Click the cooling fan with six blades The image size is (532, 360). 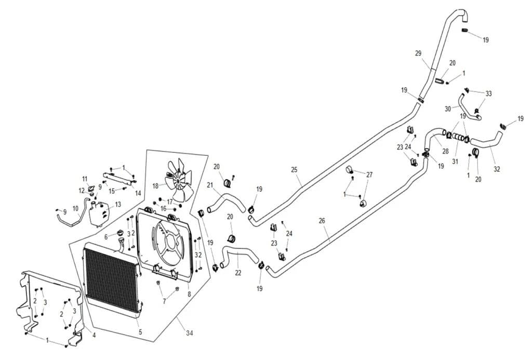pyautogui.click(x=179, y=180)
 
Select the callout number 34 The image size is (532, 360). pyautogui.click(x=189, y=333)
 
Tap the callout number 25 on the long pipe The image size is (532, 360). pyautogui.click(x=294, y=170)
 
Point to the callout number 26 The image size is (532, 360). pyautogui.click(x=322, y=221)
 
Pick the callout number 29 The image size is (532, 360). pyautogui.click(x=418, y=54)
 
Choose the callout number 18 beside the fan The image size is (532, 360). pyautogui.click(x=156, y=186)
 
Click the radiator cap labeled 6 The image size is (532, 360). pyautogui.click(x=120, y=233)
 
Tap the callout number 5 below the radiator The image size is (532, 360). pyautogui.click(x=140, y=332)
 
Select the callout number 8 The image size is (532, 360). pyautogui.click(x=189, y=295)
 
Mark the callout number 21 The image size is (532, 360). pyautogui.click(x=210, y=185)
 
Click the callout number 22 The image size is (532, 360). pyautogui.click(x=238, y=272)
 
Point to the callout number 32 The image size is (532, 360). pyautogui.click(x=497, y=169)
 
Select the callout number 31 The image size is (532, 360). pyautogui.click(x=455, y=162)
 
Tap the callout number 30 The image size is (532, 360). pyautogui.click(x=448, y=109)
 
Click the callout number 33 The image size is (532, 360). pyautogui.click(x=488, y=94)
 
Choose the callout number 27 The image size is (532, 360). pyautogui.click(x=369, y=175)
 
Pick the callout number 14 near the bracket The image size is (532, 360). pyautogui.click(x=138, y=193)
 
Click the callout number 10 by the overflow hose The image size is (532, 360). pyautogui.click(x=75, y=208)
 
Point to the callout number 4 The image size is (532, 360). pyautogui.click(x=94, y=336)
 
